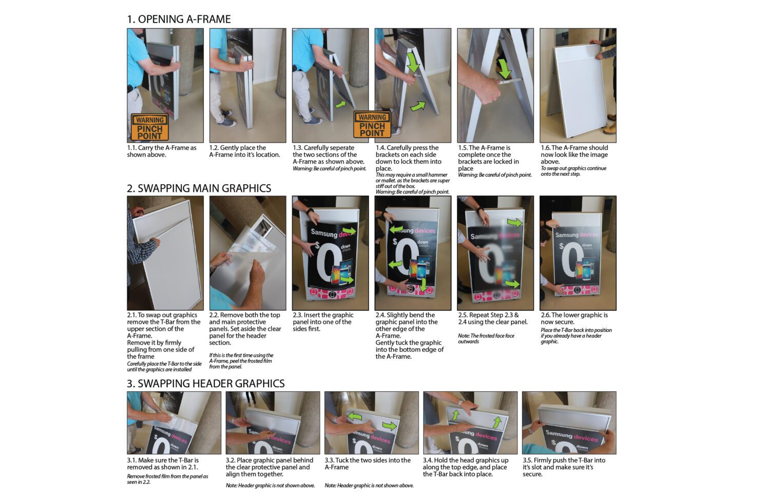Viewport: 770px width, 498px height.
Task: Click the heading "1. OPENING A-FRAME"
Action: [179, 19]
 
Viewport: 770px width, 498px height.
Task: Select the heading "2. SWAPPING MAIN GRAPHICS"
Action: [199, 188]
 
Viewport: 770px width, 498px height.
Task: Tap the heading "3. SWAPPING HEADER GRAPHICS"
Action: [205, 384]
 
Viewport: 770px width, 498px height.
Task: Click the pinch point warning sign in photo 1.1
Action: [149, 127]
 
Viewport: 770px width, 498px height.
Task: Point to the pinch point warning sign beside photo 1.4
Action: [372, 125]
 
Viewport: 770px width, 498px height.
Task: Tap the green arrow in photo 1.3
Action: [339, 104]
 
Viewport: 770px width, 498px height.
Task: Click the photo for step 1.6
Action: [577, 85]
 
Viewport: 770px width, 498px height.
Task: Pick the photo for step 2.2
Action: [247, 252]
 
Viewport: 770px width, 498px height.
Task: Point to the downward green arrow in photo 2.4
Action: [422, 285]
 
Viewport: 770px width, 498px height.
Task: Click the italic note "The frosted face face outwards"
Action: [486, 338]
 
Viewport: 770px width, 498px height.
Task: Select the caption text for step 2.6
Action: [574, 318]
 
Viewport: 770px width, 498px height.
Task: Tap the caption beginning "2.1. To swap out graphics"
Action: [164, 335]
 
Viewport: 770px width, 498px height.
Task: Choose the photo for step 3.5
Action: [569, 423]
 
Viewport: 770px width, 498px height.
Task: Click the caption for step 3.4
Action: [465, 467]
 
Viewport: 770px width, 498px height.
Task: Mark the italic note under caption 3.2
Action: [270, 485]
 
